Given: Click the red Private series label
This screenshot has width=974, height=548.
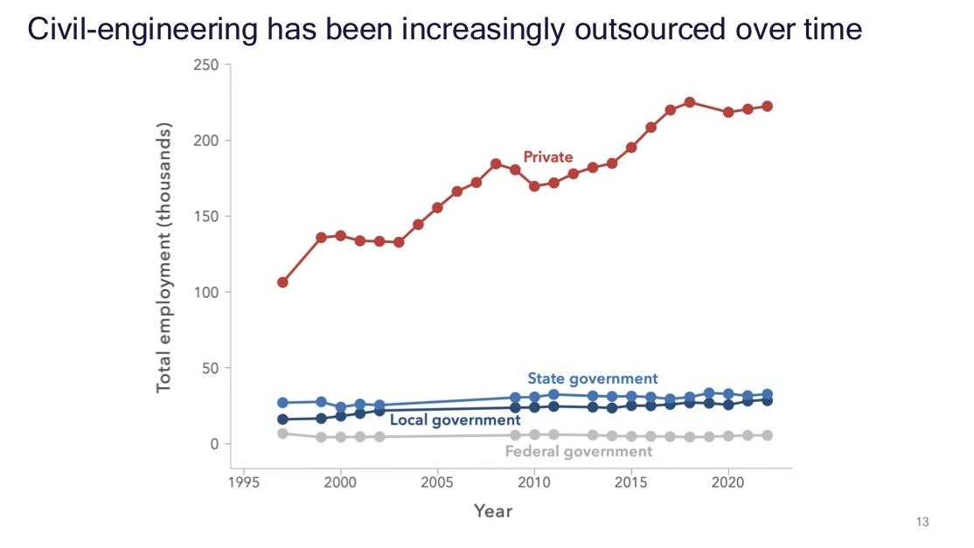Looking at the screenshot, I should (x=547, y=157).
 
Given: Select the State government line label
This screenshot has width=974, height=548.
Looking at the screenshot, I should (x=592, y=378).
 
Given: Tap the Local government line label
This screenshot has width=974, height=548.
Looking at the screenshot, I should (x=456, y=420).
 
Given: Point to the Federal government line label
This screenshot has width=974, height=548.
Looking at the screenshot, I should (x=579, y=452).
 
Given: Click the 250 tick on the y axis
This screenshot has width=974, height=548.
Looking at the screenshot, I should (x=206, y=65).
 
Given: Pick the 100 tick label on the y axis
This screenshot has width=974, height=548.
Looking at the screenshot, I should (x=206, y=292).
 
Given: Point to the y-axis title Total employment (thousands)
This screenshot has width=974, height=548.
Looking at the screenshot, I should (x=164, y=257).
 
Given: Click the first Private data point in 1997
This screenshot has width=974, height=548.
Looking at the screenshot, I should (x=282, y=282).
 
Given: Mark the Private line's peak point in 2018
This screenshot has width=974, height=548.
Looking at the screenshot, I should (x=690, y=102).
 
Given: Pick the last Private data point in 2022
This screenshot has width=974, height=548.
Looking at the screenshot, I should (x=768, y=106).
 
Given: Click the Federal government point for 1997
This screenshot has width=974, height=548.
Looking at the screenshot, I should (x=282, y=434).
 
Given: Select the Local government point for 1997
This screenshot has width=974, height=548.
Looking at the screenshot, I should (x=282, y=420).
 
